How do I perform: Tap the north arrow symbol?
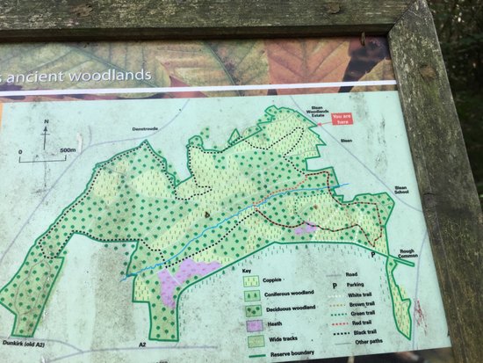point(45,134)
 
